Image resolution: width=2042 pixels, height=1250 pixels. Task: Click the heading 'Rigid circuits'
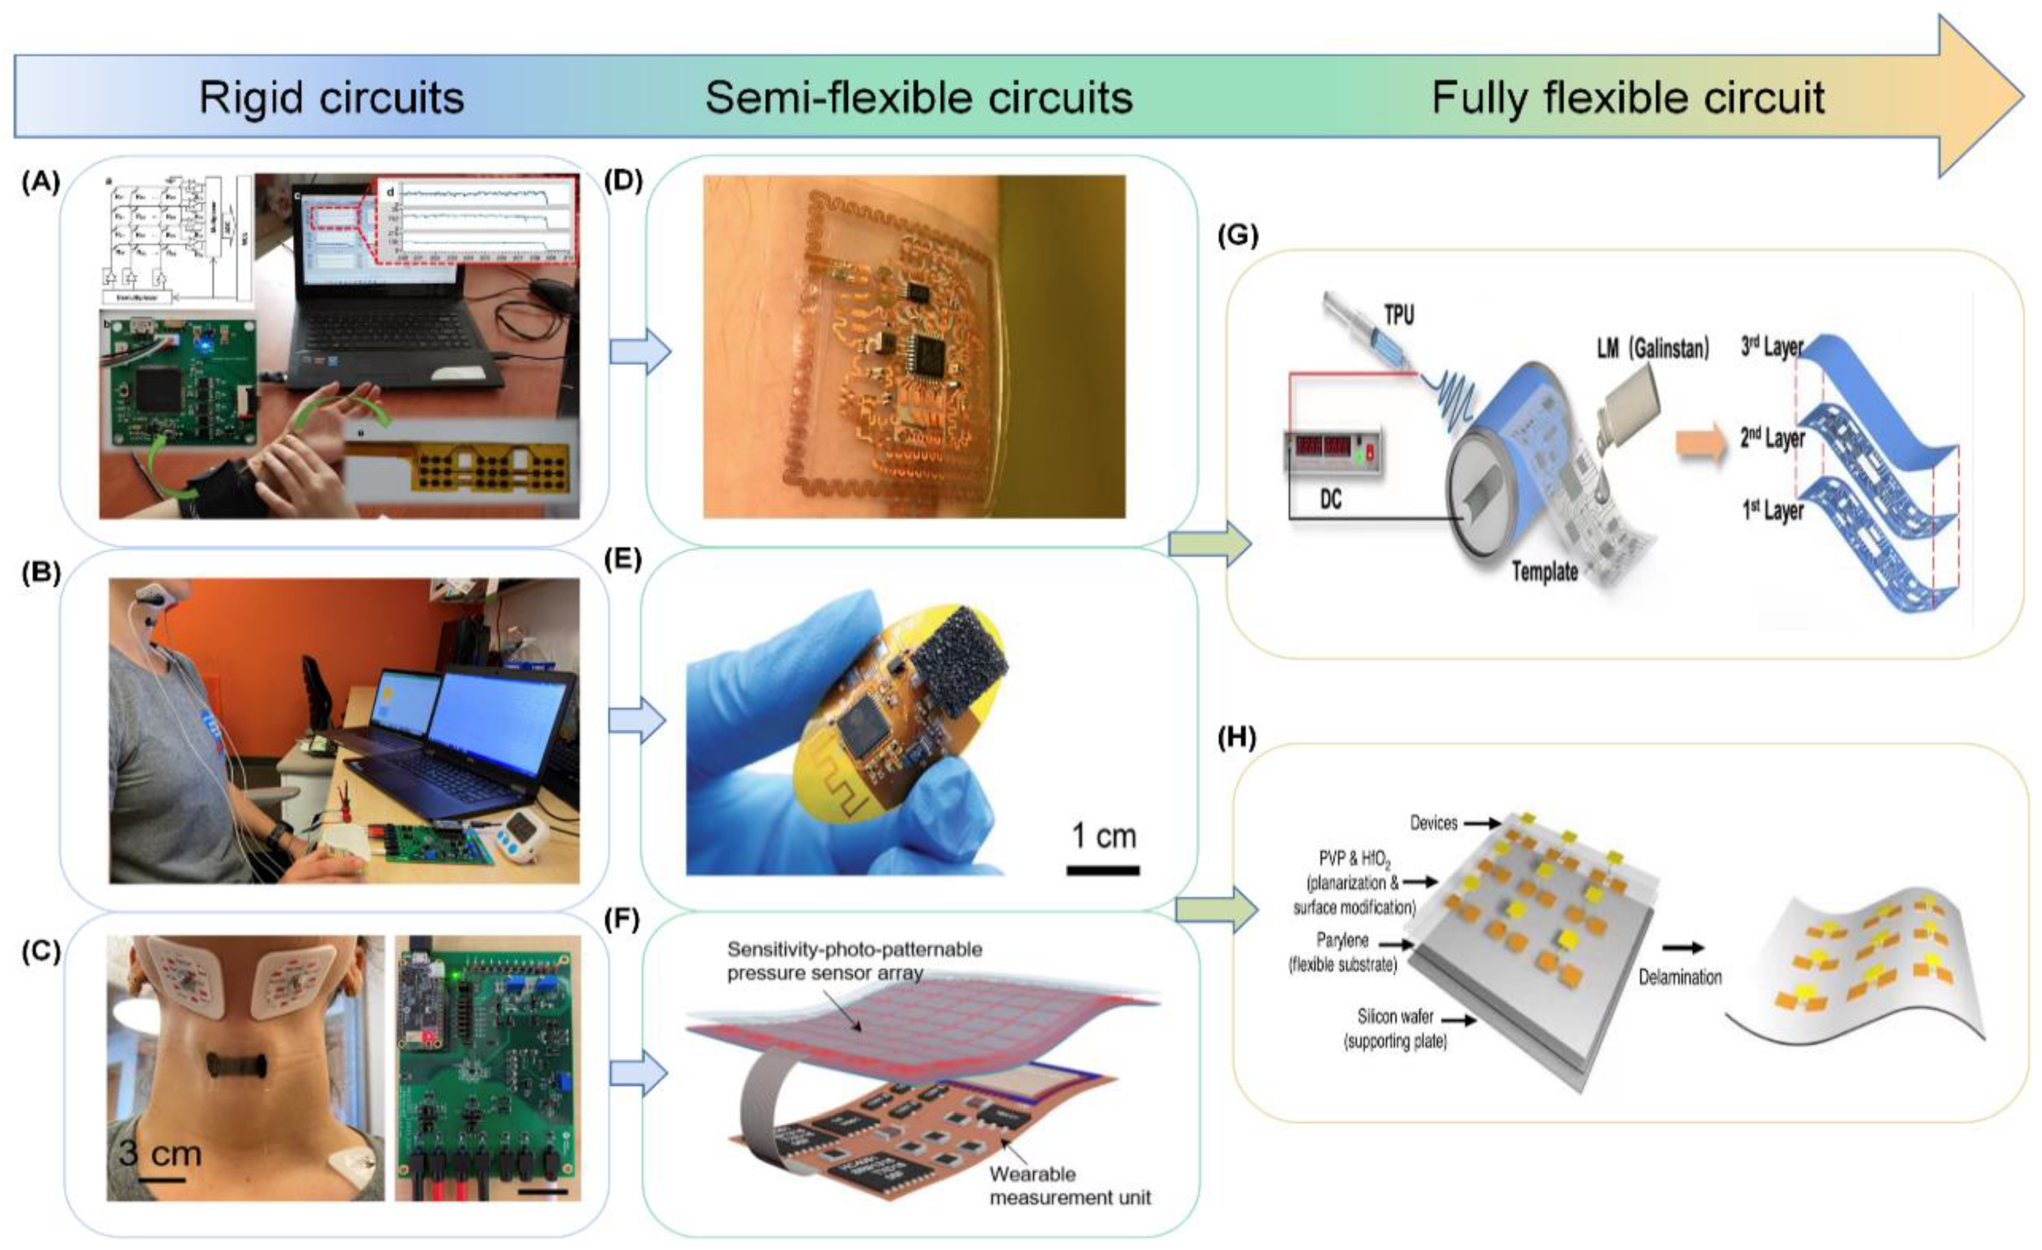pyautogui.click(x=332, y=98)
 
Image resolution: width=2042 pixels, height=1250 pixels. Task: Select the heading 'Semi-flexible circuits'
pyautogui.click(x=918, y=98)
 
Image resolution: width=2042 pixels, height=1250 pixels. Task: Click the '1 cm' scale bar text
pyautogui.click(x=1103, y=836)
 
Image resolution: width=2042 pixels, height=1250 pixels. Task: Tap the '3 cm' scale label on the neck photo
pyautogui.click(x=160, y=1152)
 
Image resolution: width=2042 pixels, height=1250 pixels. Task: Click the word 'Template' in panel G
pyautogui.click(x=1544, y=571)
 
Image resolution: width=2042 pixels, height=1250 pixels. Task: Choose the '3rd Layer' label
pyautogui.click(x=1772, y=346)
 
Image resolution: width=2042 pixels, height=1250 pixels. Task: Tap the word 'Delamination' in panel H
pyautogui.click(x=1680, y=978)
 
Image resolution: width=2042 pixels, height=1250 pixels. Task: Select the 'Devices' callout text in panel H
pyautogui.click(x=1433, y=823)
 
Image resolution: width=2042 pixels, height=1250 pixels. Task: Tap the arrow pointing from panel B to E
pyautogui.click(x=636, y=721)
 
